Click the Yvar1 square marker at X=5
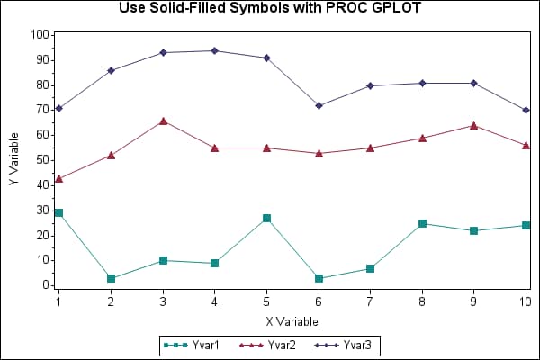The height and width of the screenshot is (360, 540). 266,218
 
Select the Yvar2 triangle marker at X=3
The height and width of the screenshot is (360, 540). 163,121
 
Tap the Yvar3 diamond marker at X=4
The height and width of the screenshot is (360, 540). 214,50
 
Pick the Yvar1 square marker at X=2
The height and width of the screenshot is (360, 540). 111,278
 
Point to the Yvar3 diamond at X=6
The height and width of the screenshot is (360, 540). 319,105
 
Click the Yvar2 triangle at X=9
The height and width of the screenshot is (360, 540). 474,125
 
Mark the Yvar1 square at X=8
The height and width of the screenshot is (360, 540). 422,223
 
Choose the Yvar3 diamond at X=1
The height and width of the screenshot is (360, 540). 58,108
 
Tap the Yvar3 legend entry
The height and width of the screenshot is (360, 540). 354,344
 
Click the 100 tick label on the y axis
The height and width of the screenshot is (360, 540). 40,35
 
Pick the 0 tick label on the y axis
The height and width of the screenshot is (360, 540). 45,285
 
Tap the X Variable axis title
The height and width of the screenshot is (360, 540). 292,320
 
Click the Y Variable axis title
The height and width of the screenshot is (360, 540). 13,160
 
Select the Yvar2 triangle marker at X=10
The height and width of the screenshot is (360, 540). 526,145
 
